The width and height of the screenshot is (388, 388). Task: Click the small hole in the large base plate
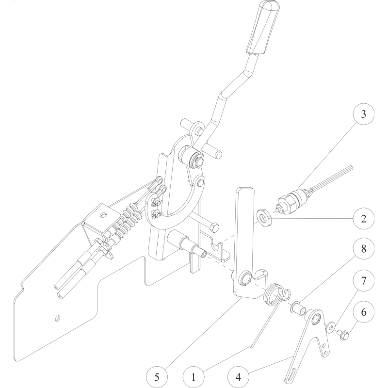pos(58,318)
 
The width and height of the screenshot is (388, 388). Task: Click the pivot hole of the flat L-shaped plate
pos(246,277)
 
